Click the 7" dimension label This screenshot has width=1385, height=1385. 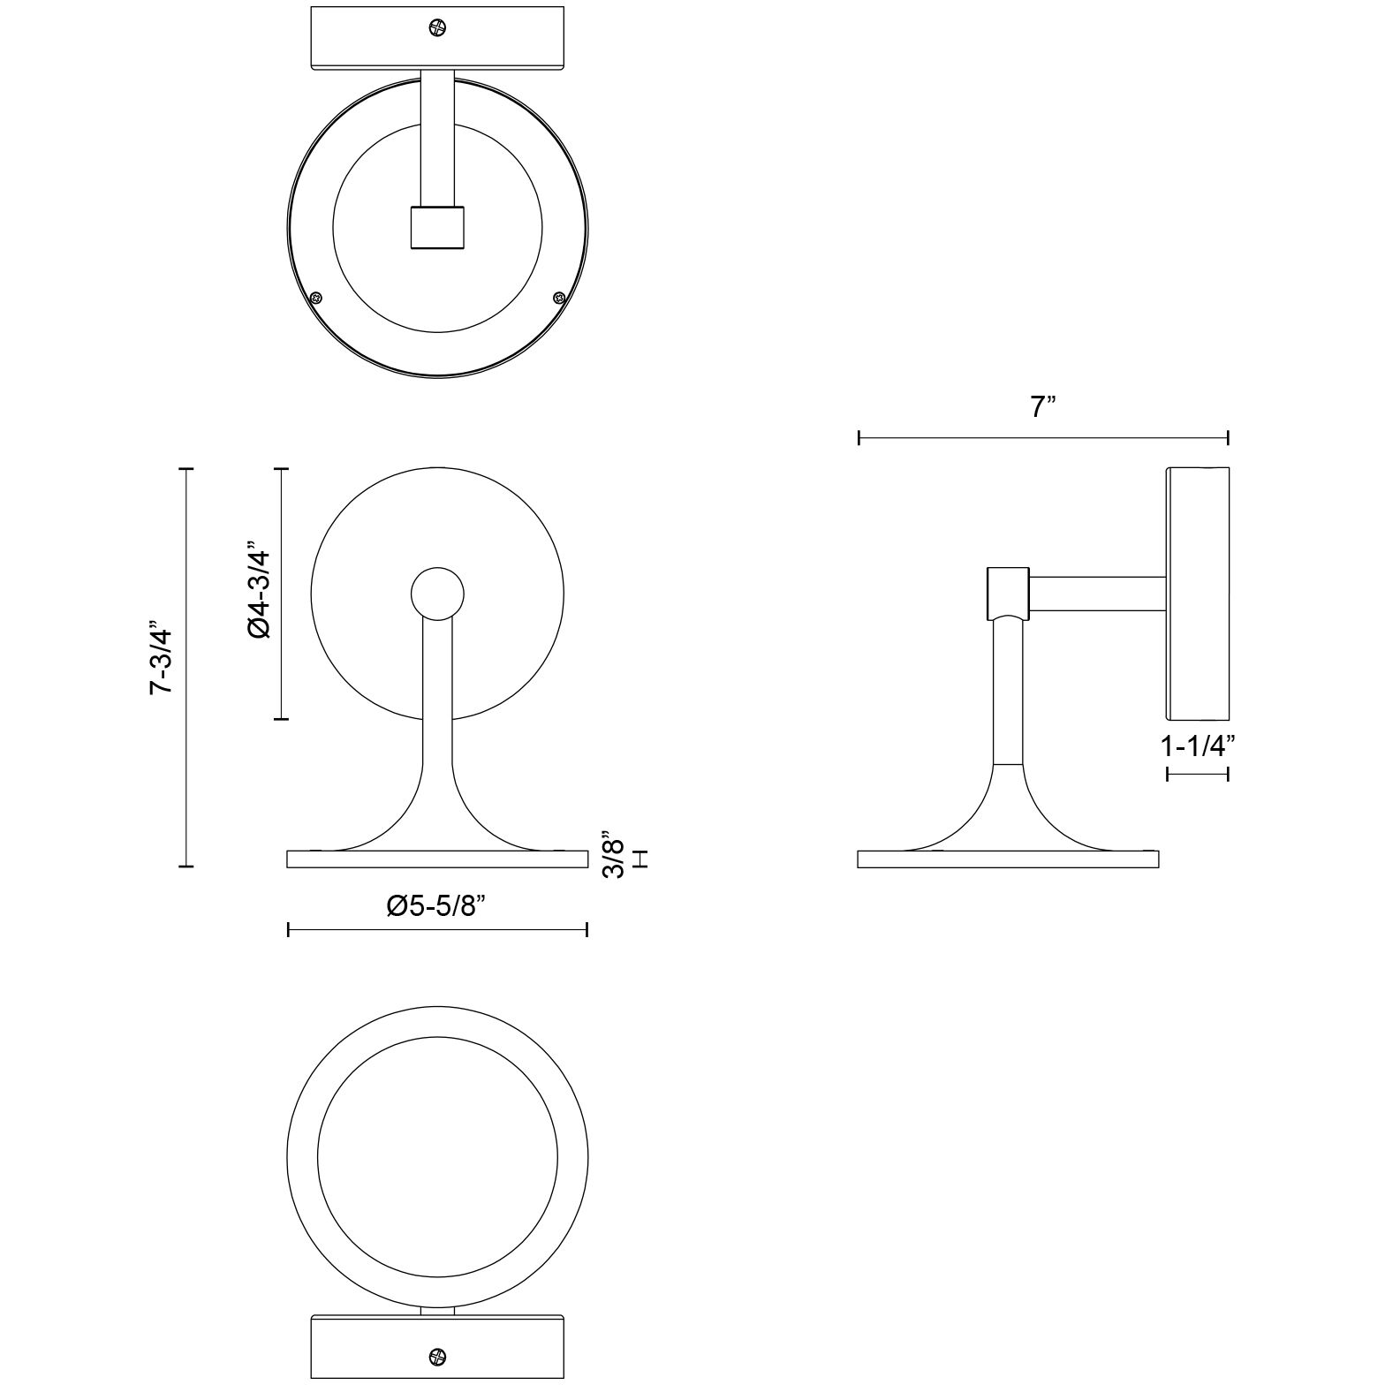1043,407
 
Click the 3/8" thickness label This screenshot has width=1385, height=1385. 612,854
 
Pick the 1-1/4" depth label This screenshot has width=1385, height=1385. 1197,746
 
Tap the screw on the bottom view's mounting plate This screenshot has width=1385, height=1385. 436,1356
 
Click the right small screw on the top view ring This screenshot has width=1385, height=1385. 557,297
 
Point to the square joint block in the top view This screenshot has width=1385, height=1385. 437,227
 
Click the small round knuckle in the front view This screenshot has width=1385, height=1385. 437,593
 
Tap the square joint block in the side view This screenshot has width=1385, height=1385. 1007,592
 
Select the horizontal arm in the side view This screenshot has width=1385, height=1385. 1097,594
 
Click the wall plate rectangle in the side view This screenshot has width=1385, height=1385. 1198,593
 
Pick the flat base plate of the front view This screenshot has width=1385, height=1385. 437,859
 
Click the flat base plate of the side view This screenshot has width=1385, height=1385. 1008,859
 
